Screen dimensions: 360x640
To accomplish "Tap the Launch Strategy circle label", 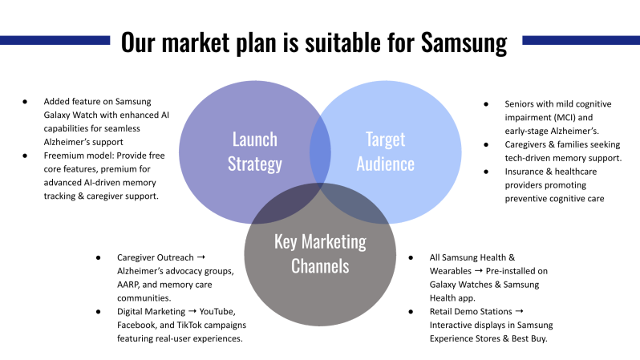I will (x=254, y=152).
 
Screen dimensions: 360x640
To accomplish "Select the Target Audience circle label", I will (x=385, y=152).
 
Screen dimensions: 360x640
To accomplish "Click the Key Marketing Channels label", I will (x=320, y=253).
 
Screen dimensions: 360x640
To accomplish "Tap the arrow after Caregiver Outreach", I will (x=201, y=257).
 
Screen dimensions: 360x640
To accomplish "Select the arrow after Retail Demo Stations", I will (x=519, y=311).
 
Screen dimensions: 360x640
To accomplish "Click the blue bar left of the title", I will (x=55, y=39).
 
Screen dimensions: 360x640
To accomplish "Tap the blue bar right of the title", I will (x=581, y=39).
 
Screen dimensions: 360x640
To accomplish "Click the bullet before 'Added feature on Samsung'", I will (x=25, y=102).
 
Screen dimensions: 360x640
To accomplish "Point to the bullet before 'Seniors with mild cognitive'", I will (x=486, y=103).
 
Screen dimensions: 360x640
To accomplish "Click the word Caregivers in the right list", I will (x=529, y=144).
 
